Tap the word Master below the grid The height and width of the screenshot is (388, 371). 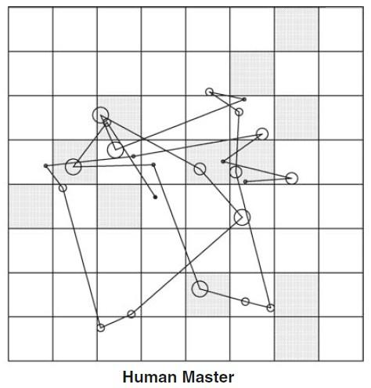208,377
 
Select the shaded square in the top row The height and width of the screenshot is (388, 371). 297,29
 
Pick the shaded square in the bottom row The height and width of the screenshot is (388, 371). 297,339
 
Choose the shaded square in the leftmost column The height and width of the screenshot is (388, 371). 31,206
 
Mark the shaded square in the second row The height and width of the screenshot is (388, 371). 252,74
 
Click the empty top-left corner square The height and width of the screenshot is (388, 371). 31,29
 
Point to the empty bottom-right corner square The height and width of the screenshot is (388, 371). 340,339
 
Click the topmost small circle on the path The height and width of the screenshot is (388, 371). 209,89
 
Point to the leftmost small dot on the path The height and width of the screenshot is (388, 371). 45,165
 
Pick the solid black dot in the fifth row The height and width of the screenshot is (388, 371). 155,197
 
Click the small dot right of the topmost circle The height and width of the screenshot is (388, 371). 244,100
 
